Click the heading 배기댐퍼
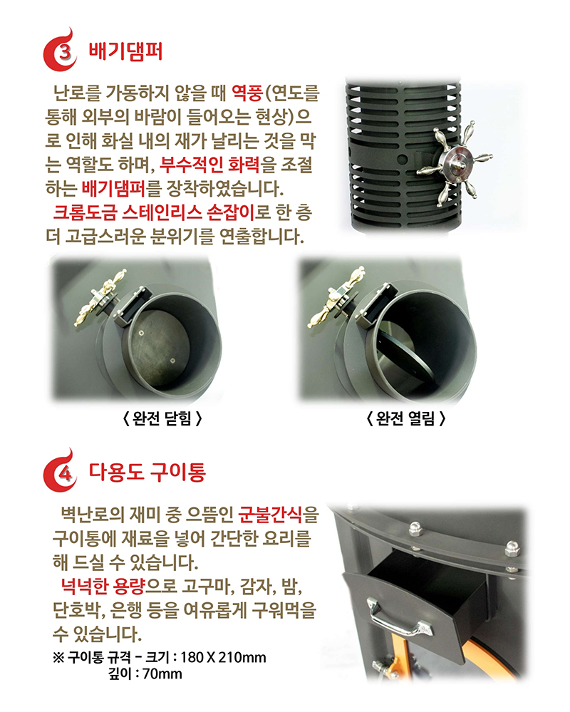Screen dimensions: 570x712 click(x=125, y=51)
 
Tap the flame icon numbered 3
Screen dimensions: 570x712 click(x=61, y=51)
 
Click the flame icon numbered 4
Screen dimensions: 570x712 click(x=61, y=471)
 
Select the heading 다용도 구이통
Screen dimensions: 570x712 click(x=147, y=472)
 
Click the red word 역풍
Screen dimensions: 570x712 click(x=247, y=93)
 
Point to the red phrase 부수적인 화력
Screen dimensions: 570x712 click(x=209, y=164)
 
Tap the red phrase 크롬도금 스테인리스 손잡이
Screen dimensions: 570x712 click(x=154, y=212)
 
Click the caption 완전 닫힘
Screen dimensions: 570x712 click(x=162, y=418)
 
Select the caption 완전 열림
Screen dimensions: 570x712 click(x=405, y=418)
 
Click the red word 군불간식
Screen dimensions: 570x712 click(x=270, y=515)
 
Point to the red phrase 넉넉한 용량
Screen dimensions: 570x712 click(x=103, y=586)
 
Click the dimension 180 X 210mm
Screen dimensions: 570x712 click(x=223, y=657)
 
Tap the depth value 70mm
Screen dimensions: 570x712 click(x=162, y=674)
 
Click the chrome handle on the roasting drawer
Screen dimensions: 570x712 click(x=398, y=619)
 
